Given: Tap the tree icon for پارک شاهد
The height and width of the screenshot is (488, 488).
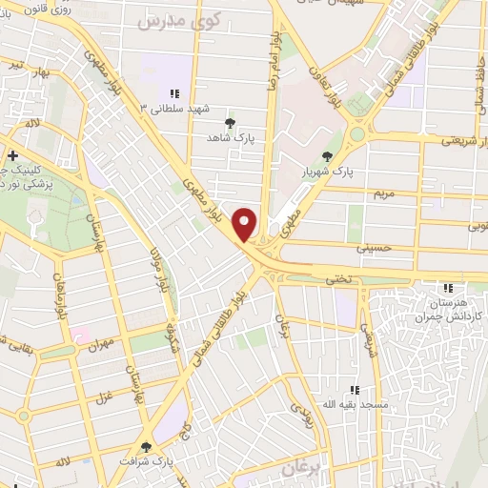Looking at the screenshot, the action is tap(230, 123).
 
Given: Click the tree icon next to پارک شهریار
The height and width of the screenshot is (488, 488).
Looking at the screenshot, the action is tap(329, 157).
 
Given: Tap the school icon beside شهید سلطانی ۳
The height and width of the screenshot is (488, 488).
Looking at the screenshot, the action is tap(174, 93).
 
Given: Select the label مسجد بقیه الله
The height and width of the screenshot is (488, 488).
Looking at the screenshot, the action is tap(356, 405).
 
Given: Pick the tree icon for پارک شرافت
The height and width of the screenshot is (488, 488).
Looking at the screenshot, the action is tap(147, 446).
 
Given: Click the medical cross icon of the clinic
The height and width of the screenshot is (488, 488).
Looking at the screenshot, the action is tap(11, 154).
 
